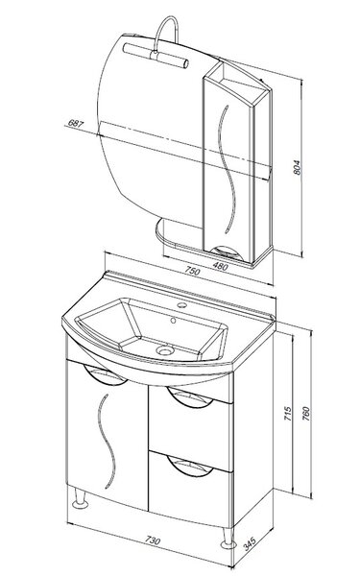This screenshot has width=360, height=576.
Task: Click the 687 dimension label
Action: pos(76,124)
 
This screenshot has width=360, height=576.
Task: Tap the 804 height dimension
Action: pos(298,167)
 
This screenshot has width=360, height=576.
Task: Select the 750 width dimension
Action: pos(192,271)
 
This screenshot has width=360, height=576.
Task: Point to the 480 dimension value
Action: pos(220,266)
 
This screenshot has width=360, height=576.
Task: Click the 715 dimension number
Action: pos(288,414)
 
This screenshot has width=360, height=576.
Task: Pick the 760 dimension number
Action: pos(305,414)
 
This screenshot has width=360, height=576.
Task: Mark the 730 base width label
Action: pos(153,540)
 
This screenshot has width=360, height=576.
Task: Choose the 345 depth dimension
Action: pos(249,543)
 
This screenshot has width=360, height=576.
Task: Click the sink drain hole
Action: pos(164,349)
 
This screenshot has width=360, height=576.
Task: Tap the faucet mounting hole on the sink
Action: pos(180,304)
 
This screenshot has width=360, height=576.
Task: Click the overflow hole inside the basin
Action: pos(174,321)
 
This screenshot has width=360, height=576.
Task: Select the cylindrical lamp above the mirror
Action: pos(156,55)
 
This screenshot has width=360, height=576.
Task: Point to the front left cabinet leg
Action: pos(80,498)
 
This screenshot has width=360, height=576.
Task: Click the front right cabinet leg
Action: pos(228,538)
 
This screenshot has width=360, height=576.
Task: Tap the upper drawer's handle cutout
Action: pos(189,397)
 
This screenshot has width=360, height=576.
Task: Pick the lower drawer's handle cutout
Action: pos(189,466)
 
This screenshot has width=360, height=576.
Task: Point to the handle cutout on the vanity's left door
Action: pos(105,374)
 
